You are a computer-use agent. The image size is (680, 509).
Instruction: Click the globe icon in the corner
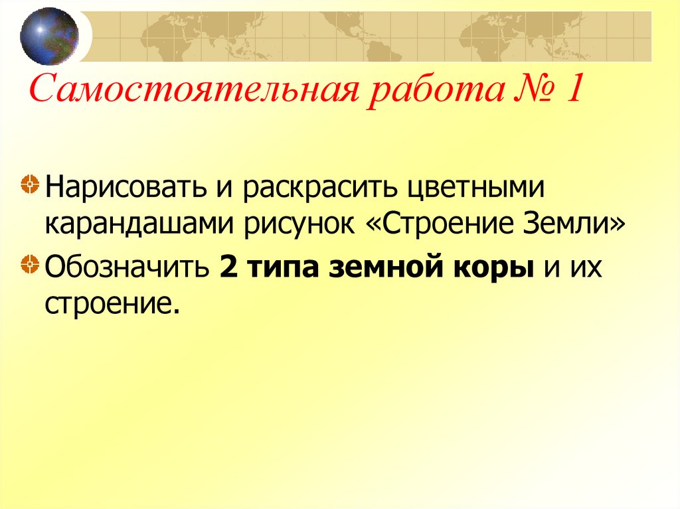48,36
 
